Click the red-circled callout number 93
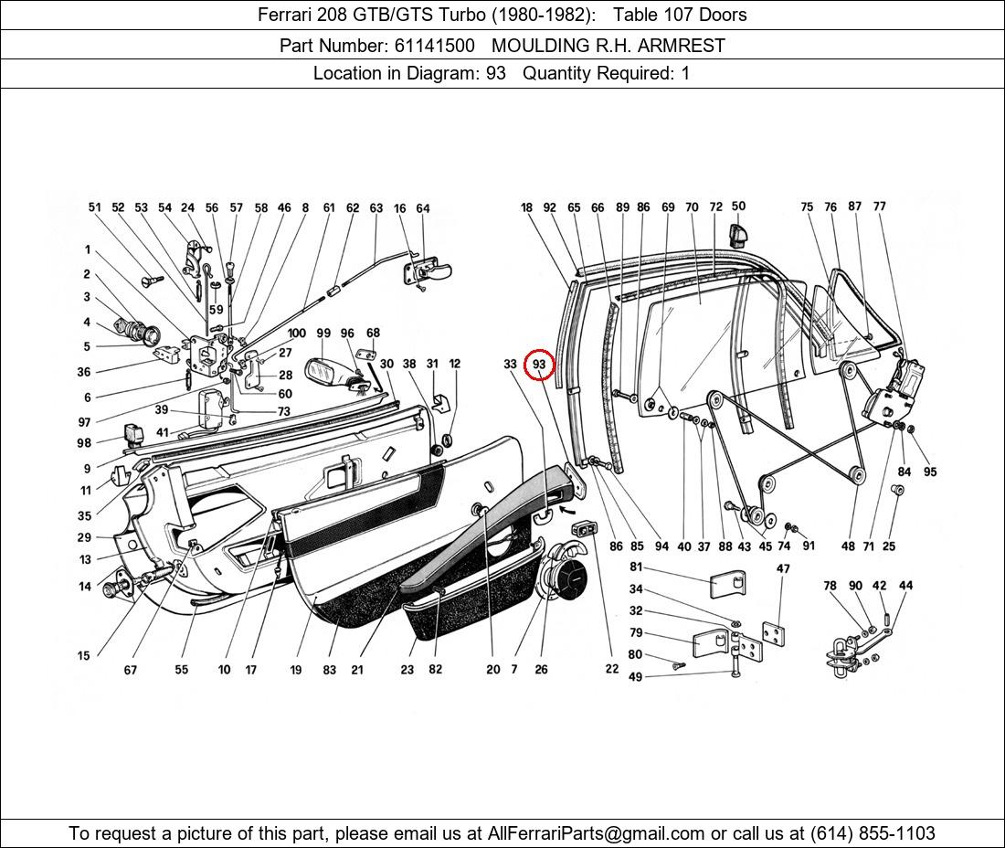click(539, 364)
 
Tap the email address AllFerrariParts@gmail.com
click(597, 832)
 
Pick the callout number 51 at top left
click(95, 207)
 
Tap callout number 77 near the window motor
click(879, 207)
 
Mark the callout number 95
click(930, 472)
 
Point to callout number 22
click(611, 669)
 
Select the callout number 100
click(297, 334)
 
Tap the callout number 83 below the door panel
click(329, 670)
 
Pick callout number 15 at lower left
click(84, 655)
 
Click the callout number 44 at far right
click(905, 586)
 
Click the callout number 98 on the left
click(84, 443)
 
